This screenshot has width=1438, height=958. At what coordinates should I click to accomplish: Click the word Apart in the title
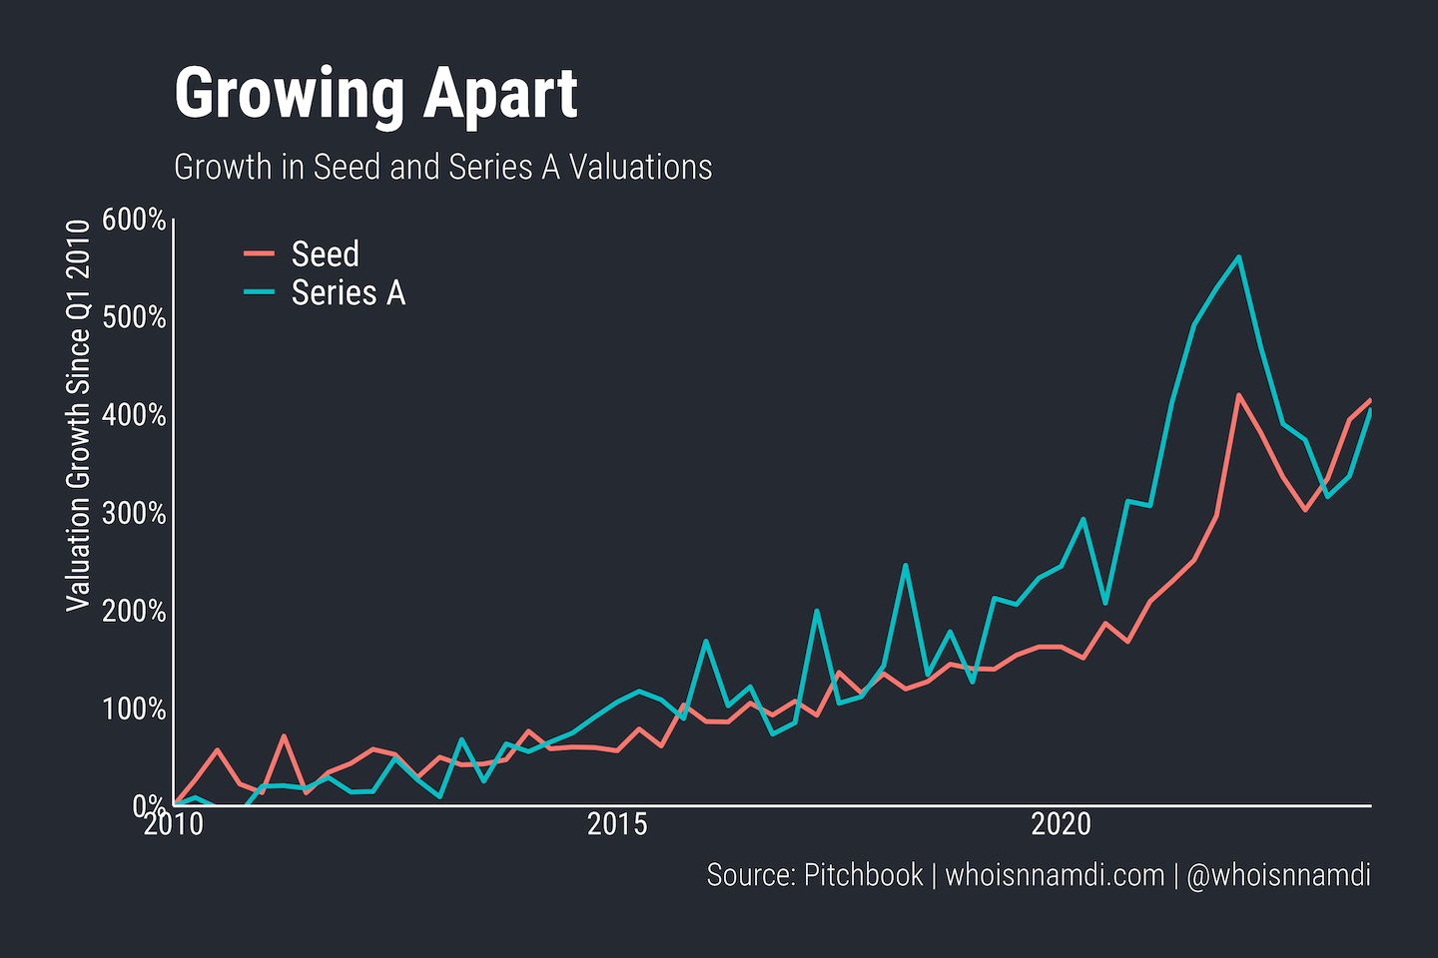click(499, 95)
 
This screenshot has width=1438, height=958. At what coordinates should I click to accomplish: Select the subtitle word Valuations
click(640, 168)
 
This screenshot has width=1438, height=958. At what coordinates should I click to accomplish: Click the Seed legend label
click(325, 254)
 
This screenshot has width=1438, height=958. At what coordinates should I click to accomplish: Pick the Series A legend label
click(348, 293)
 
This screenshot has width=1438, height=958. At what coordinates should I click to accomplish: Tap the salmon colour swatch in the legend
click(259, 254)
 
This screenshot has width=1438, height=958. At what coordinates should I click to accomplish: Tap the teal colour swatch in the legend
click(259, 292)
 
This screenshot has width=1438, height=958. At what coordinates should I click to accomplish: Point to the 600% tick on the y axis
click(134, 220)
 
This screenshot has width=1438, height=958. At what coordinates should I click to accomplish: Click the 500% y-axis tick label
click(134, 317)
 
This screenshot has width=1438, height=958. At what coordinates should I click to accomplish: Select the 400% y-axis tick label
click(134, 415)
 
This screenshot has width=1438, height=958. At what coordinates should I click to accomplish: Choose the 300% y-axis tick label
click(134, 513)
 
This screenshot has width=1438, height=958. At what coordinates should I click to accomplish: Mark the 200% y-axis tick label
click(134, 611)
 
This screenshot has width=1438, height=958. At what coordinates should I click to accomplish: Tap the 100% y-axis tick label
click(134, 709)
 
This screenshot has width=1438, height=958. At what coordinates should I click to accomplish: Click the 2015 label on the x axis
click(617, 825)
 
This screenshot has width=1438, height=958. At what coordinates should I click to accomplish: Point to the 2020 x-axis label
click(1061, 825)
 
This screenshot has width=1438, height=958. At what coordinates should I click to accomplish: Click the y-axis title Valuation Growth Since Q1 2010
click(78, 415)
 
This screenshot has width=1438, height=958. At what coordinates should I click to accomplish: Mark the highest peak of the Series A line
click(1238, 257)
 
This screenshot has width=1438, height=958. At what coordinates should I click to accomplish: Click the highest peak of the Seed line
click(1238, 395)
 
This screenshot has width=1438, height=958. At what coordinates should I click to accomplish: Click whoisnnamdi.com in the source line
click(1055, 875)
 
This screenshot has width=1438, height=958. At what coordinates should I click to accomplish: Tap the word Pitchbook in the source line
click(863, 875)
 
